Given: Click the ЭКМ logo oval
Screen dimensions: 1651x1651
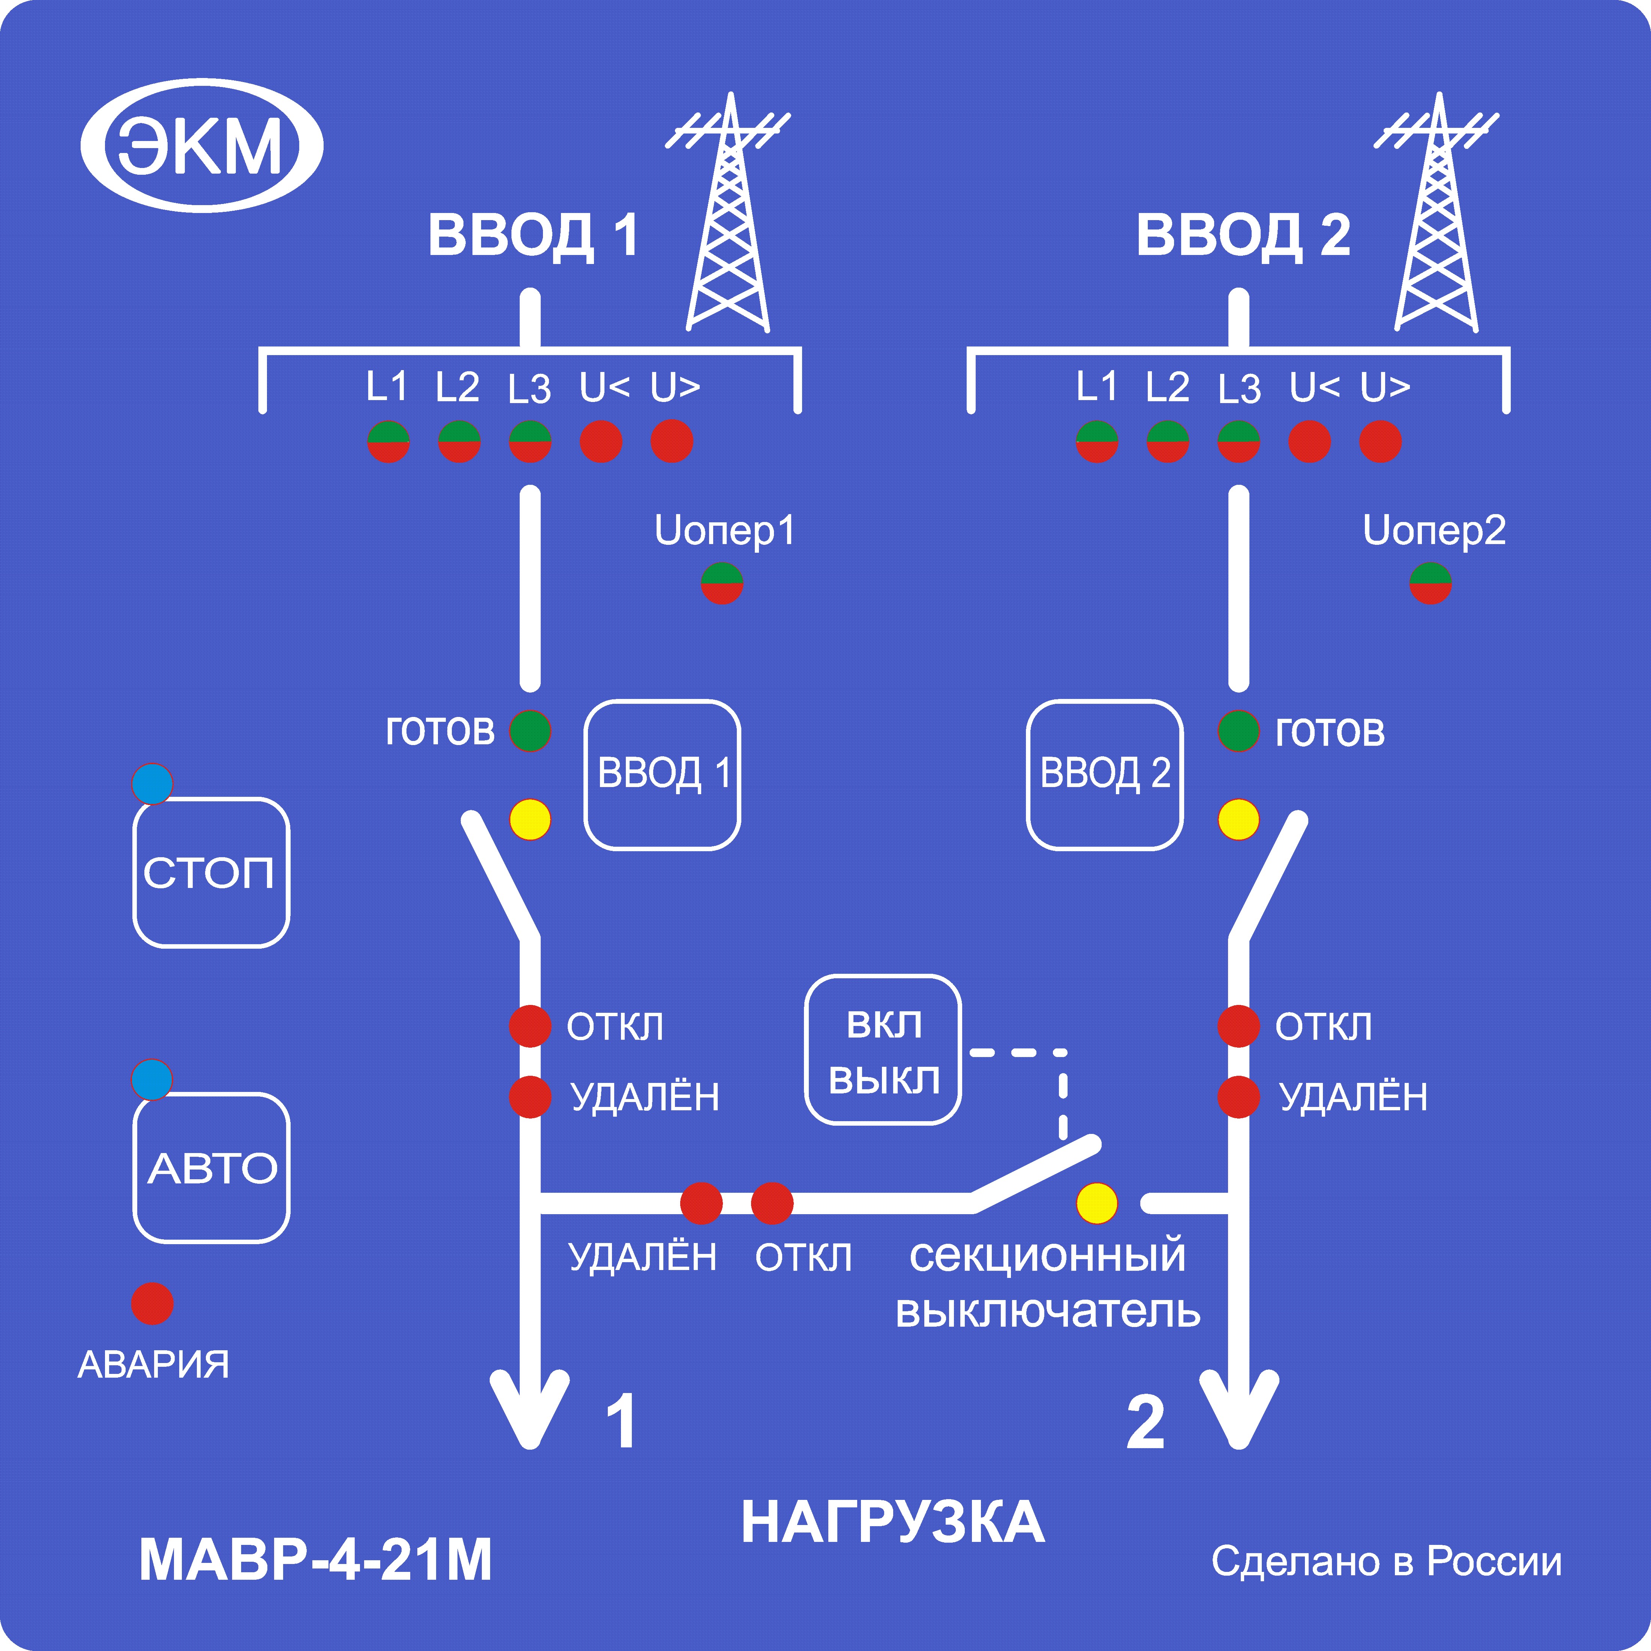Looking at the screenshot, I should click(x=202, y=145).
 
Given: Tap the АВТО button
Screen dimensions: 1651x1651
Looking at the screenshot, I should click(x=211, y=1167).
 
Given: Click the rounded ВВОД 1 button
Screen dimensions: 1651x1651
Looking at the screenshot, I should click(x=662, y=774).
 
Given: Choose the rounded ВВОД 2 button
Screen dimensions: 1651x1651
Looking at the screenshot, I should click(x=1104, y=774).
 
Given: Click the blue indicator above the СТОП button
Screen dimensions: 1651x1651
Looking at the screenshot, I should click(x=152, y=784).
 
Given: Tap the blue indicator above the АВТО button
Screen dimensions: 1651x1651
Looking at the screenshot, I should click(x=152, y=1079).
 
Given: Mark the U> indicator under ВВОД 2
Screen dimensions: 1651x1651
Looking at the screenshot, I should click(x=1380, y=442).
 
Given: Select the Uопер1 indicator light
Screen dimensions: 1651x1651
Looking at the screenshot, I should click(x=722, y=584).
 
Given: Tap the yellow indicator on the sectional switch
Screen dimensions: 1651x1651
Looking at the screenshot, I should click(x=1096, y=1203).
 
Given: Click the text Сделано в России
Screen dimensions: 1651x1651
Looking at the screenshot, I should click(x=1386, y=1561).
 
